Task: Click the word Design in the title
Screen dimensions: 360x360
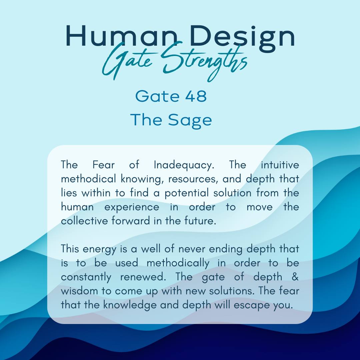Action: tap(242, 38)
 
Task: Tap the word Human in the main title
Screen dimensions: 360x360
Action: tap(122, 36)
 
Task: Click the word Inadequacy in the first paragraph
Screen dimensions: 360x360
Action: tap(184, 165)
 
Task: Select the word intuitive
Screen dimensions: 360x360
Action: tap(280, 165)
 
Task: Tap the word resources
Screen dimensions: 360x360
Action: tap(193, 179)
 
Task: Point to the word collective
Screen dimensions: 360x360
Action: tap(84, 221)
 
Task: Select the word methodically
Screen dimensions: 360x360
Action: tap(178, 263)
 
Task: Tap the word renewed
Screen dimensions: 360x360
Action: tap(143, 277)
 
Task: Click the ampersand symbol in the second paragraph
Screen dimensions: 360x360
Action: tap(295, 277)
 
